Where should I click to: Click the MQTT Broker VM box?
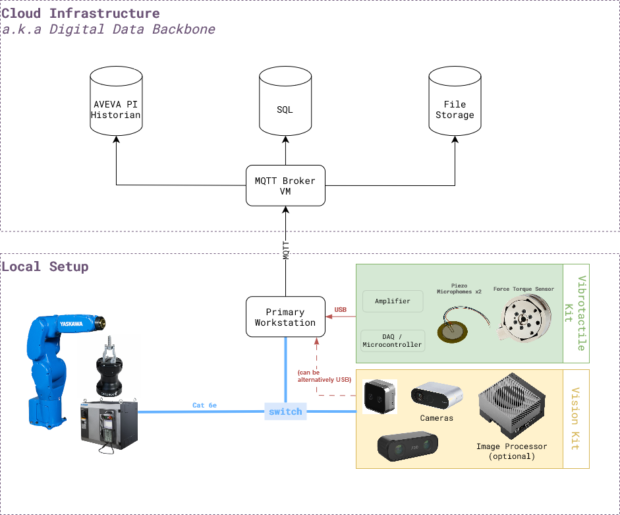[285, 185]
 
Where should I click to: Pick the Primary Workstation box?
[285, 317]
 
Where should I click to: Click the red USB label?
[341, 309]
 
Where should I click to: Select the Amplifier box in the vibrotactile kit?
[393, 301]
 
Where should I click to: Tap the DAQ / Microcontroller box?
[393, 340]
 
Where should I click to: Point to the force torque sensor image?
[524, 320]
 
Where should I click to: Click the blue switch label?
[285, 411]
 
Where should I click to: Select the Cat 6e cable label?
[206, 405]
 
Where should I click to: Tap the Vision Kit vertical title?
[575, 419]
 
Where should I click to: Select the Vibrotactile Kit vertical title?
[575, 313]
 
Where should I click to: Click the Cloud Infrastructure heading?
[80, 13]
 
